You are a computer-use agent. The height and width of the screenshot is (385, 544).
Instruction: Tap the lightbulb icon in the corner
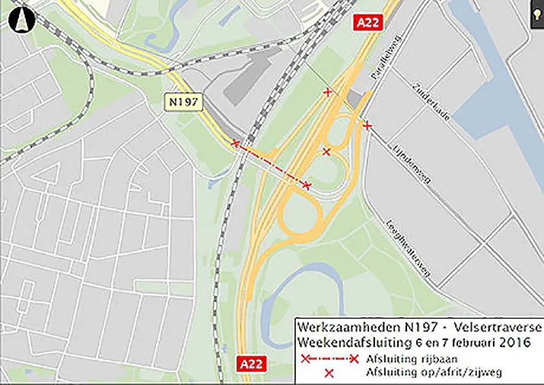(536, 17)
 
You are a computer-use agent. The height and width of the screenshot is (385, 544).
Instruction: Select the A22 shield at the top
(368, 23)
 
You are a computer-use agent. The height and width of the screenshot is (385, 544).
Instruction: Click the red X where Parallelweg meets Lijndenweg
(367, 125)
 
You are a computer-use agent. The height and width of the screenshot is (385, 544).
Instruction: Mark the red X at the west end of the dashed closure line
(235, 143)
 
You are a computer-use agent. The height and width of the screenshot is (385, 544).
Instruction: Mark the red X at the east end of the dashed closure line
(307, 185)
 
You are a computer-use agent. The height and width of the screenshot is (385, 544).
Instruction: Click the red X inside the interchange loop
(326, 152)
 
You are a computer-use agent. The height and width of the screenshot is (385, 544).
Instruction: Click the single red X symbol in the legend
(329, 373)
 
